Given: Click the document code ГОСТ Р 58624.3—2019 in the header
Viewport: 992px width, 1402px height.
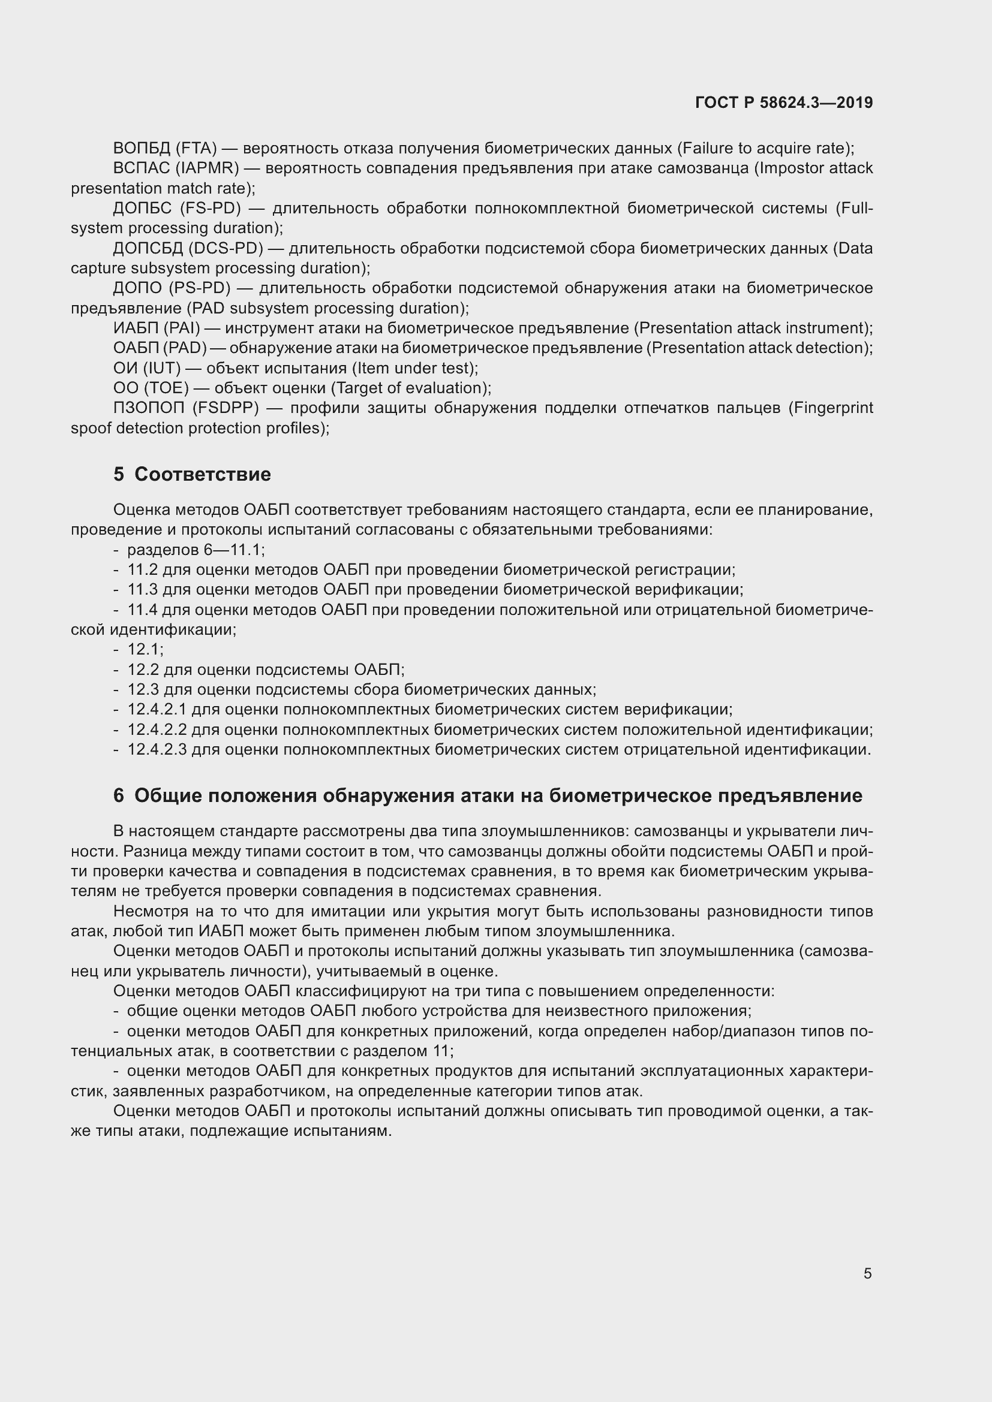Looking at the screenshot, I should (x=784, y=102).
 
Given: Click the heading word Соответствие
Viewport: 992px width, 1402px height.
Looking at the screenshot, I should (x=202, y=475).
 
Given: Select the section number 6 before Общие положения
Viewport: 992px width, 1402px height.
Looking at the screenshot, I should (x=119, y=795).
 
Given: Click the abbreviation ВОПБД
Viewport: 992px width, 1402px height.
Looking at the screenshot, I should (x=141, y=149).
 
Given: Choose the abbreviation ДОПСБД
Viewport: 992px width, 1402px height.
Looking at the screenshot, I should (x=147, y=249).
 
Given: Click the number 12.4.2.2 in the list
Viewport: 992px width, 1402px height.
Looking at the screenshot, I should (x=157, y=729).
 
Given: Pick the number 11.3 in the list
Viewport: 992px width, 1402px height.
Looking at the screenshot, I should (x=142, y=590).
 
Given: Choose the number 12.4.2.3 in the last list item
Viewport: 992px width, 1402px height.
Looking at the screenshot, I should (x=157, y=750).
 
